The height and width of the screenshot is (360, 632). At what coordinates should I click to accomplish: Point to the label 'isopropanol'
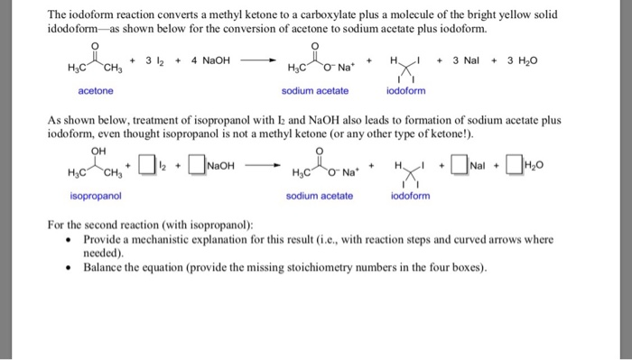click(96, 196)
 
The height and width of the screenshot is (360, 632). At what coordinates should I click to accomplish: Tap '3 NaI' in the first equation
click(469, 61)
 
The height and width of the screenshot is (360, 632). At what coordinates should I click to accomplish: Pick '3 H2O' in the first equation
click(521, 61)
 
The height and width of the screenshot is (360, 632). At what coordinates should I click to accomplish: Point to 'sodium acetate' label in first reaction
click(311, 91)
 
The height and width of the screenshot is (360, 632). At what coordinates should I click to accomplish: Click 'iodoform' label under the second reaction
click(408, 196)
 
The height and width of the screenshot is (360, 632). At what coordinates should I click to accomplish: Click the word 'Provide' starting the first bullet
click(103, 241)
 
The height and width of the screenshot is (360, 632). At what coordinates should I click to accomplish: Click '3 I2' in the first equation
click(152, 61)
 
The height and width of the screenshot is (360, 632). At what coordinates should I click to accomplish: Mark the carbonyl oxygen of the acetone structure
click(96, 43)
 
